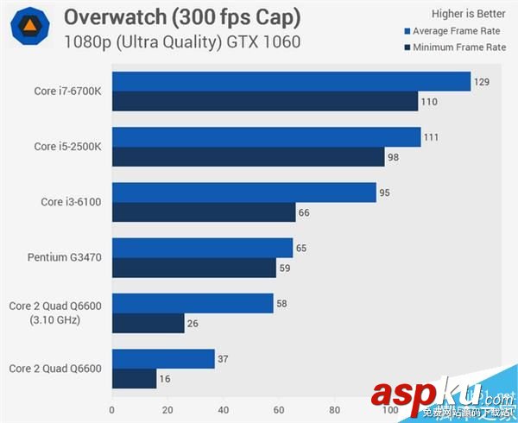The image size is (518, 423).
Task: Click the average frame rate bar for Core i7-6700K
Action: point(290,82)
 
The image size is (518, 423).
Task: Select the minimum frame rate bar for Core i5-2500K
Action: point(248,156)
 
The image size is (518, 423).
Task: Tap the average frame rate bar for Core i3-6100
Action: point(244,193)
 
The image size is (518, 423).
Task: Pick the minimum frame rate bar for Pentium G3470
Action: point(194,268)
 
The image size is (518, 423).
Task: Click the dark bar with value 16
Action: point(135,378)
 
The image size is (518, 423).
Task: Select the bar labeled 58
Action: point(193,303)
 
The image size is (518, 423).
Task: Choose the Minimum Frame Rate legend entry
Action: point(453,47)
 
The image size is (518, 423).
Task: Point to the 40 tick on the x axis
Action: point(223,410)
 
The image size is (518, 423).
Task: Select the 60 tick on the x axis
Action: point(279,410)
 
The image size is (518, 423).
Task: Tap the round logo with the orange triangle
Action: point(29,28)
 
